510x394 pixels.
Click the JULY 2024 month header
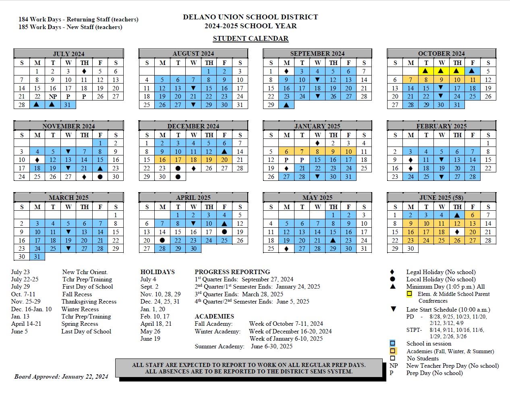click(x=68, y=54)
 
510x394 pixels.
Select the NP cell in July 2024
click(x=53, y=96)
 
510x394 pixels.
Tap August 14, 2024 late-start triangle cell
click(x=193, y=88)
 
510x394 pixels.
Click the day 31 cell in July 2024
click(x=68, y=105)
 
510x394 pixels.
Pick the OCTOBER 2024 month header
click(x=442, y=53)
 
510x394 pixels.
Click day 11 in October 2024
click(x=473, y=80)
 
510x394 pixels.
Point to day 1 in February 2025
click(x=488, y=143)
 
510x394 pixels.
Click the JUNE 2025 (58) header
click(x=442, y=197)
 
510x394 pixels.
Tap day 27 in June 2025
click(x=473, y=241)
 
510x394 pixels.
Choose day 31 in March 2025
click(x=37, y=257)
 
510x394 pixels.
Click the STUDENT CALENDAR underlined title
click(x=251, y=39)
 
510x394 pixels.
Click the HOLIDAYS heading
click(x=158, y=272)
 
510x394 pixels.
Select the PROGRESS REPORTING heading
click(x=232, y=272)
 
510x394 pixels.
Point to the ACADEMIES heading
click(x=214, y=316)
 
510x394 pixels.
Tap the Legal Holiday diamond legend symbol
click(x=393, y=272)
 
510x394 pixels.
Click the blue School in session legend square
click(x=393, y=344)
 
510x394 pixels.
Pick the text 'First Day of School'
click(x=87, y=287)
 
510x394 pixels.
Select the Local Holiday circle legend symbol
click(x=393, y=279)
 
